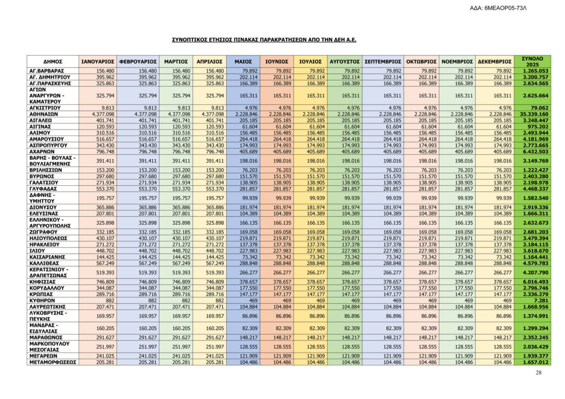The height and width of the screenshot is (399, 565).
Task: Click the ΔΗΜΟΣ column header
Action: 52,62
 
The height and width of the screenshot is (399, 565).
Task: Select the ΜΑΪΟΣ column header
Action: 243,62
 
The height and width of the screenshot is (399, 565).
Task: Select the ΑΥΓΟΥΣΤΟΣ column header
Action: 344,62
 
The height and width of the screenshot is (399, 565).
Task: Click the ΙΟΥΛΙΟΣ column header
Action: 310,62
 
